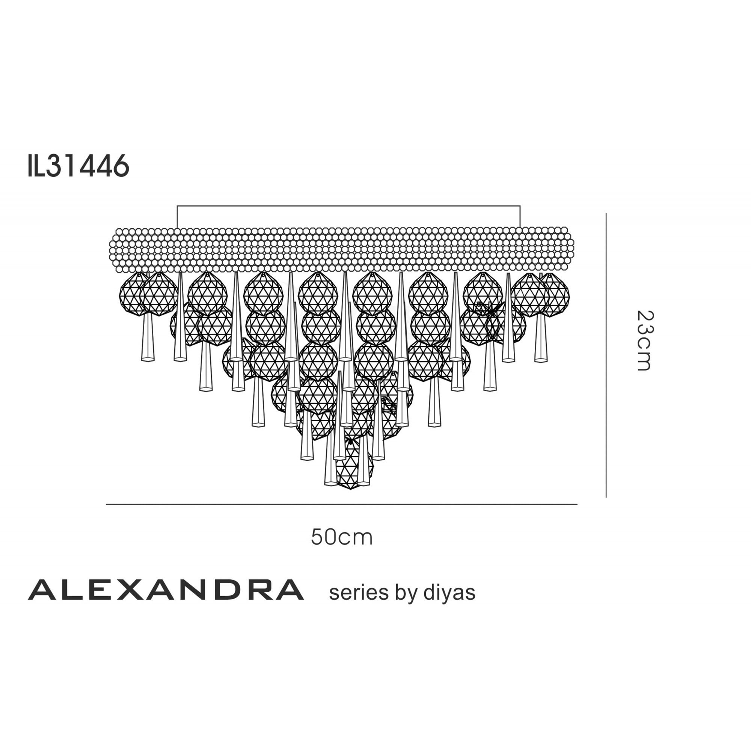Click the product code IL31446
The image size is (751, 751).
click(x=78, y=166)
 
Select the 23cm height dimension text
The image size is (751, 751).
click(x=645, y=341)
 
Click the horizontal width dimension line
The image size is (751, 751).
click(x=341, y=504)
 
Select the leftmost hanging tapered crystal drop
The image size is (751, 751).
click(x=148, y=338)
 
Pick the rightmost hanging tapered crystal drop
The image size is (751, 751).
click(x=541, y=338)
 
